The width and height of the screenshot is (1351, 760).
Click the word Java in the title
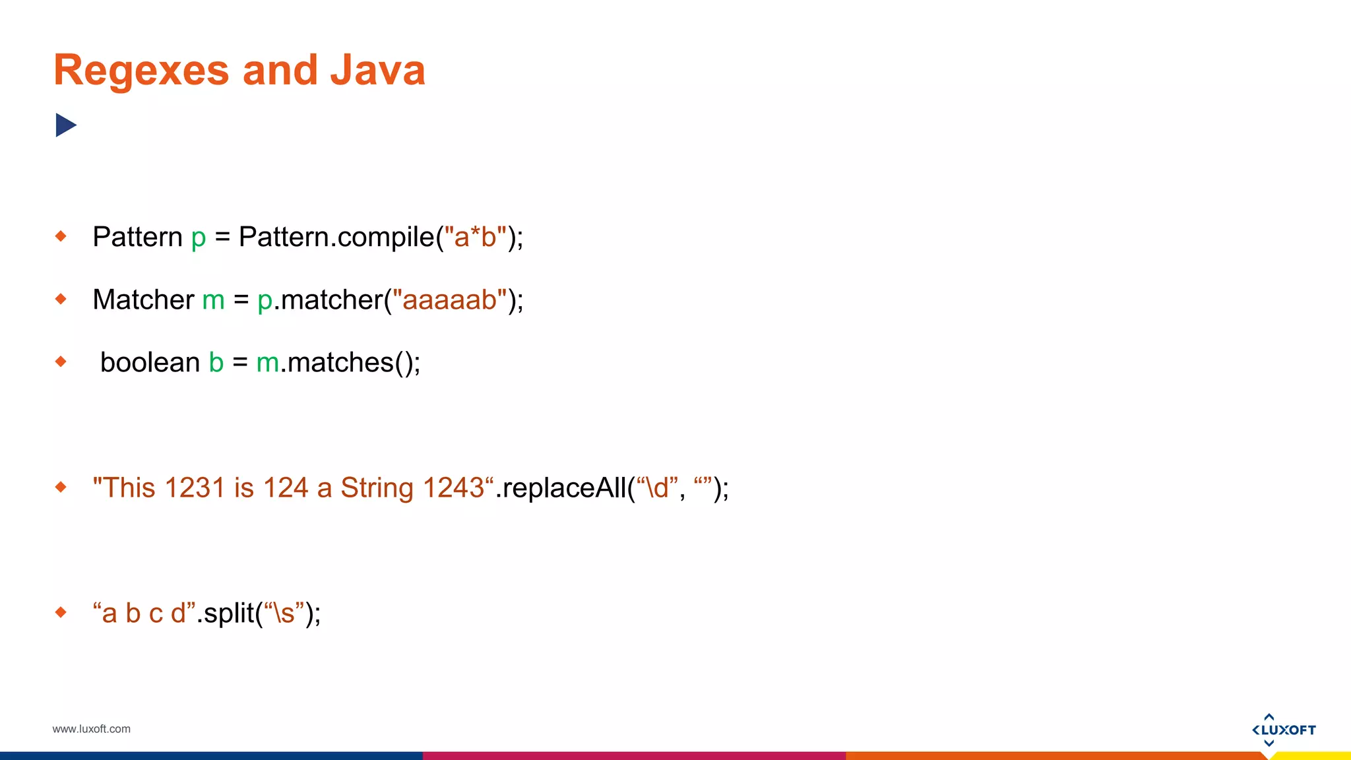pyautogui.click(x=377, y=70)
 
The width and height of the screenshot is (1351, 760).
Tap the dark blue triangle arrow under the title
pyautogui.click(x=65, y=125)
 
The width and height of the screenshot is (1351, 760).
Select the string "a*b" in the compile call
pyautogui.click(x=475, y=237)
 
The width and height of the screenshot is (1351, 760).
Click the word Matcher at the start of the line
pyautogui.click(x=143, y=300)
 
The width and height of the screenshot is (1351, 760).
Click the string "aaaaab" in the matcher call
pyautogui.click(x=449, y=300)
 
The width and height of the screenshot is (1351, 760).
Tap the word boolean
pyautogui.click(x=150, y=363)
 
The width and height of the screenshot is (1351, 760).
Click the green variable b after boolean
pyautogui.click(x=216, y=363)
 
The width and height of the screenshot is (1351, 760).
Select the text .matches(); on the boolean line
pyautogui.click(x=350, y=363)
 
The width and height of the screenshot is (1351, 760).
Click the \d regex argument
pyautogui.click(x=656, y=488)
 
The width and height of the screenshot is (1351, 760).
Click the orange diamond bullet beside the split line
pyautogui.click(x=61, y=612)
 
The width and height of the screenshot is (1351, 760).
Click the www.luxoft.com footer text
pyautogui.click(x=91, y=729)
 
